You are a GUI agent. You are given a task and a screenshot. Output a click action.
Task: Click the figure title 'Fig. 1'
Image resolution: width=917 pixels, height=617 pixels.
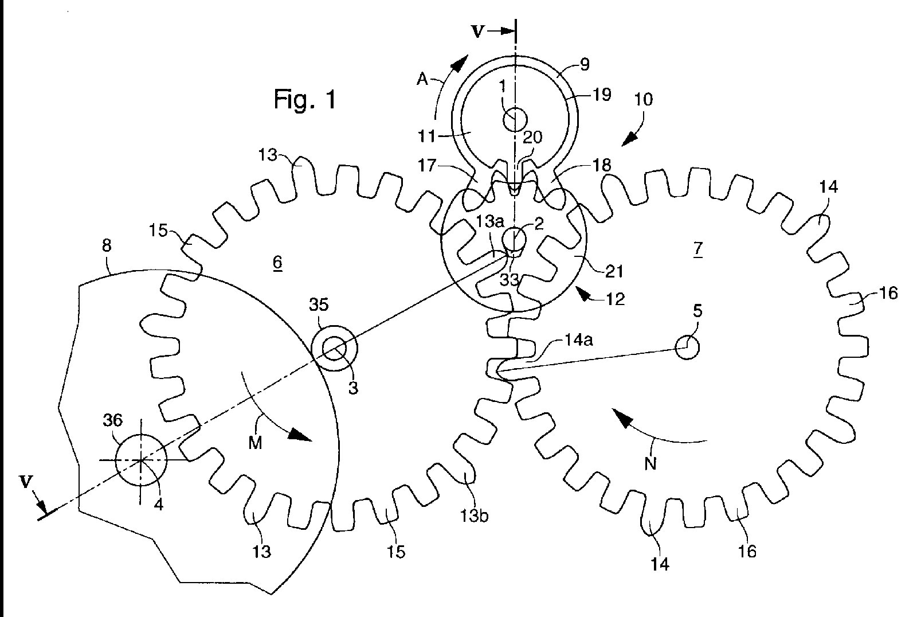(x=304, y=100)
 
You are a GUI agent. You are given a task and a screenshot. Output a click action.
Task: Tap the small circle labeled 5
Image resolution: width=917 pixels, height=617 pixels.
(x=687, y=347)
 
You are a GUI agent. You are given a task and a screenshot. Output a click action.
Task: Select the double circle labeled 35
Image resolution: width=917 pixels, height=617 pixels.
(x=334, y=348)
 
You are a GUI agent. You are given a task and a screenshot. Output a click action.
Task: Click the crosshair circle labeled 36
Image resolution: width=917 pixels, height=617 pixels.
(x=141, y=460)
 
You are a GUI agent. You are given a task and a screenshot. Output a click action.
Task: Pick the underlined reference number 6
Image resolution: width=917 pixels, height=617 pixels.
(x=277, y=263)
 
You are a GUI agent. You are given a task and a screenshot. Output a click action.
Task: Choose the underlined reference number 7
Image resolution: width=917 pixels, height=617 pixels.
(x=697, y=249)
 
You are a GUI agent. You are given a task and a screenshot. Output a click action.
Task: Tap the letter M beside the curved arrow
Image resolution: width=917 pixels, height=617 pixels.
(x=255, y=443)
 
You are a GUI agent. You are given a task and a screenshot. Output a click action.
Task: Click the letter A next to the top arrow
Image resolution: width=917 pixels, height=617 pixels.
(x=422, y=80)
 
